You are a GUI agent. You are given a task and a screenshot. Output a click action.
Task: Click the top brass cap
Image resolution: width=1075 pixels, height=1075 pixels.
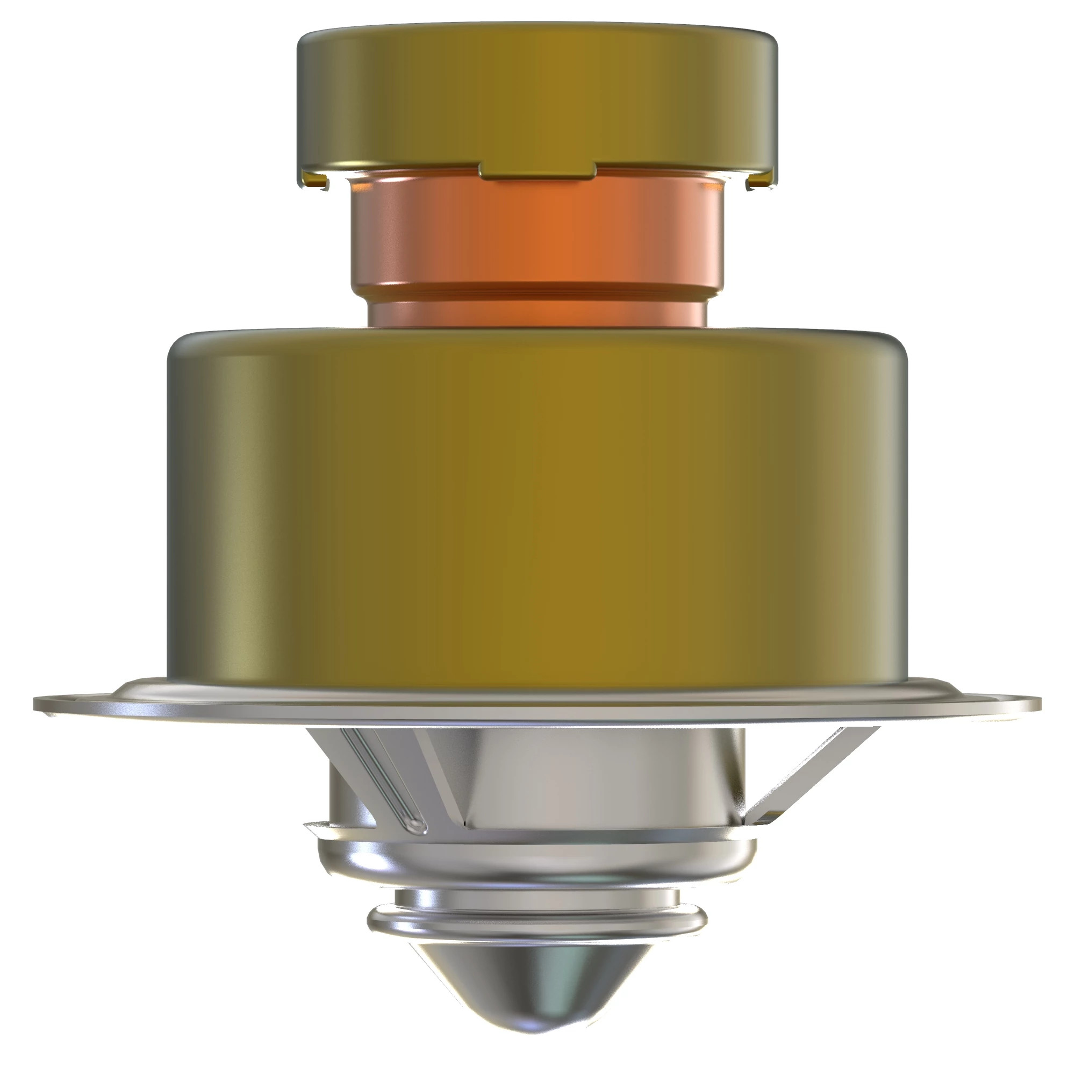click(x=537, y=95)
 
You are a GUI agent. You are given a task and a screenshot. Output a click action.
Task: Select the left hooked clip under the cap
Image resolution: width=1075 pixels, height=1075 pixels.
click(x=315, y=180)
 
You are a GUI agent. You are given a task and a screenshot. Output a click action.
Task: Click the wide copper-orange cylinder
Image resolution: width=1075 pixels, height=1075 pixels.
click(x=537, y=234)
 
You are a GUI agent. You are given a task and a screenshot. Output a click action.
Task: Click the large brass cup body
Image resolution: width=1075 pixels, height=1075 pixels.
click(x=537, y=501)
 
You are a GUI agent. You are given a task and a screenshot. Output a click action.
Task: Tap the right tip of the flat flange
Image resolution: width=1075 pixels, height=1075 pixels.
click(x=1036, y=705)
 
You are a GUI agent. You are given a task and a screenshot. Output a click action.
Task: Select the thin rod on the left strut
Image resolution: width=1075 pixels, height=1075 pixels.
click(x=384, y=779)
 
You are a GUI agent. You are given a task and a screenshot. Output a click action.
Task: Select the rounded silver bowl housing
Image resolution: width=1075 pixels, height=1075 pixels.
click(x=537, y=863)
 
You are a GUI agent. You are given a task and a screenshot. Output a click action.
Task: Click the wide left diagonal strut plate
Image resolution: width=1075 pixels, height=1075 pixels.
click(x=445, y=779)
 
